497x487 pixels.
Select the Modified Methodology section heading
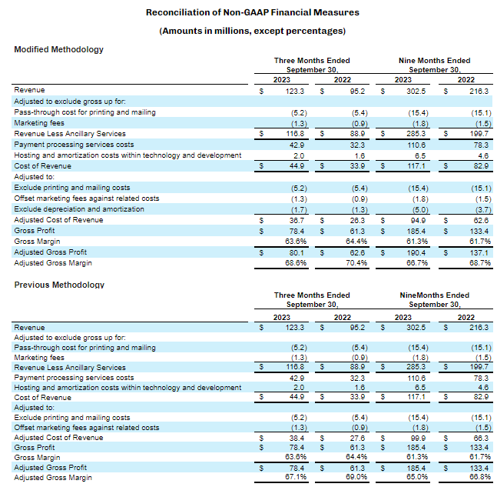tap(58, 49)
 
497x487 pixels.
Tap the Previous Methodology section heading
tap(59, 285)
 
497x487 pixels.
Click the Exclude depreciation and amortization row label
tap(79, 209)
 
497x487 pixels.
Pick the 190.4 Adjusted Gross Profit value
tap(403, 252)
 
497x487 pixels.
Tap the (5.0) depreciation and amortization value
tap(403, 209)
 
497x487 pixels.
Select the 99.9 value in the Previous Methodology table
tap(405, 438)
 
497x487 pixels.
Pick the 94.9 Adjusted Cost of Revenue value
tap(405, 220)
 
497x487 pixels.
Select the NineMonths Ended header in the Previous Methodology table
tap(434, 295)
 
